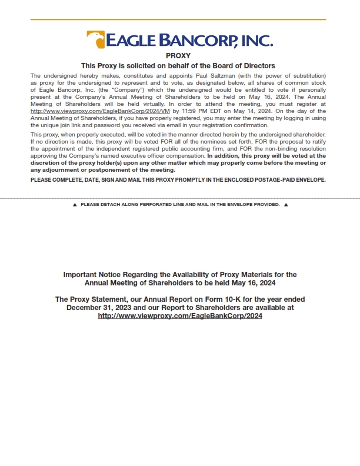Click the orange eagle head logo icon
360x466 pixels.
pos(95,39)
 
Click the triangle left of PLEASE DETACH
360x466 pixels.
pos(75,205)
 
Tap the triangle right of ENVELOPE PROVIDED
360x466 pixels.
pos(286,205)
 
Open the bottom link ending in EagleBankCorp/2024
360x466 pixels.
pos(180,316)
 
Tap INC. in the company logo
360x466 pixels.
pos(258,41)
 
